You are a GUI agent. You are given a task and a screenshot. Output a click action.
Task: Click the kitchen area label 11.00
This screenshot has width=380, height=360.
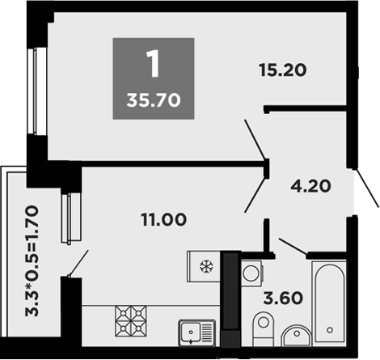(164, 218)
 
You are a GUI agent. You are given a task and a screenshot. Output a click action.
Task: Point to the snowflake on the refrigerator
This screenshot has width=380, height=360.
(205, 265)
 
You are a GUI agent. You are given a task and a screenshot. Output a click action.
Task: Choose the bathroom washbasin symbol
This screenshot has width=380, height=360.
(298, 335)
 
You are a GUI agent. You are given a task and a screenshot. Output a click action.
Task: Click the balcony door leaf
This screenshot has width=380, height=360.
(78, 265)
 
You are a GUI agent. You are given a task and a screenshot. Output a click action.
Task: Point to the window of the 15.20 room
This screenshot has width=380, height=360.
(34, 89)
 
